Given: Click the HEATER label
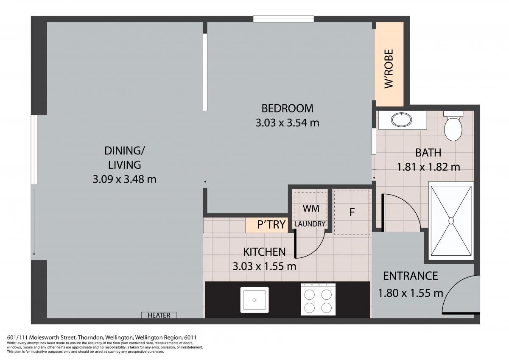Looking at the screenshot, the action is tap(159, 315).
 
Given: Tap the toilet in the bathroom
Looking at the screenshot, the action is tap(453, 126).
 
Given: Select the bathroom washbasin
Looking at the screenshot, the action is tap(401, 120).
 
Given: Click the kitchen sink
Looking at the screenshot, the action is tap(255, 300).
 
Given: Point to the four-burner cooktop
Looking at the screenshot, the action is tap(318, 299).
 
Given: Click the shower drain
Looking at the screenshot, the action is tap(451, 220).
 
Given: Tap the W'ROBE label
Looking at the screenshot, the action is tap(389, 69).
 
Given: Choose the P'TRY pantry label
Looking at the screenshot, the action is tap(271, 224).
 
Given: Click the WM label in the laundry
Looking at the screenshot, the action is tap(311, 209).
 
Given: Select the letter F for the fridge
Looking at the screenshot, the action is tap(352, 212).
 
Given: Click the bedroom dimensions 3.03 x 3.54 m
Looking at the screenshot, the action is tap(288, 123).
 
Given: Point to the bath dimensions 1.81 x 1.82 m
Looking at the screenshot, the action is tap(428, 167).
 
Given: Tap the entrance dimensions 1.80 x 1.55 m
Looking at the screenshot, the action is tap(411, 293).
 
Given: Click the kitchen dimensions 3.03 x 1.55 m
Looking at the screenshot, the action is tap(265, 266).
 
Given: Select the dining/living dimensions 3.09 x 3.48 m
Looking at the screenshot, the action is tap(125, 179).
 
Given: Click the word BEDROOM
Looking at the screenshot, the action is tap(288, 109).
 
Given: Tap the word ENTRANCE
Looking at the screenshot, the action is tap(411, 276).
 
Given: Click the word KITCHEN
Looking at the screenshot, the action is tap(265, 251).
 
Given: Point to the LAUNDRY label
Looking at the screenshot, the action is tap(310, 224).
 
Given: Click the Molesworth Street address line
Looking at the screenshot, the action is tap(102, 337).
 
